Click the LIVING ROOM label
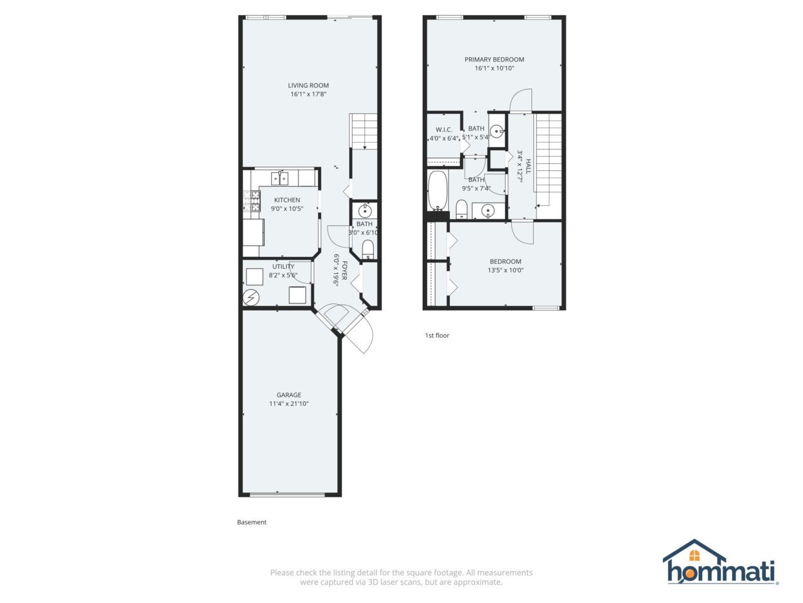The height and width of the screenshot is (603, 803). pyautogui.click(x=308, y=85)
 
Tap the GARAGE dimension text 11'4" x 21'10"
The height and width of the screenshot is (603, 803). pyautogui.click(x=289, y=403)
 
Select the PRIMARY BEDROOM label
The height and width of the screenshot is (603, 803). pyautogui.click(x=494, y=59)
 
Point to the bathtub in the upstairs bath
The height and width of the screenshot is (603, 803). pyautogui.click(x=437, y=190)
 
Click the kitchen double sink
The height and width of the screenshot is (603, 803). pyautogui.click(x=280, y=178)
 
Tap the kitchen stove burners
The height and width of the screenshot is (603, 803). pyautogui.click(x=252, y=202)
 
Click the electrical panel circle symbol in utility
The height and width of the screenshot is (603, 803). pyautogui.click(x=251, y=297)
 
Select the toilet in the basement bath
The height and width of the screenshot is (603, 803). pyautogui.click(x=368, y=249)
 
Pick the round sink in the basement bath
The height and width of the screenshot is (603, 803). pyautogui.click(x=364, y=211)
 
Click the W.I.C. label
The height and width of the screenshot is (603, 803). pyautogui.click(x=444, y=129)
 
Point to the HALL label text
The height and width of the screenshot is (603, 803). pyautogui.click(x=528, y=166)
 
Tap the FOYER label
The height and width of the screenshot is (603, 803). pyautogui.click(x=344, y=271)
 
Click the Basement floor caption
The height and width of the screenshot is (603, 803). pyautogui.click(x=252, y=522)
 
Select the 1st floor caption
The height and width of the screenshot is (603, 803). pyautogui.click(x=437, y=335)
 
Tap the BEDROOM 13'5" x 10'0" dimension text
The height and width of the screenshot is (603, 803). pyautogui.click(x=505, y=270)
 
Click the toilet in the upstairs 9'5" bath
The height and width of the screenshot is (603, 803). pyautogui.click(x=462, y=209)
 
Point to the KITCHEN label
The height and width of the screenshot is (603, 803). pyautogui.click(x=287, y=200)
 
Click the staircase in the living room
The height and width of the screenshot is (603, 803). pyautogui.click(x=363, y=131)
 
